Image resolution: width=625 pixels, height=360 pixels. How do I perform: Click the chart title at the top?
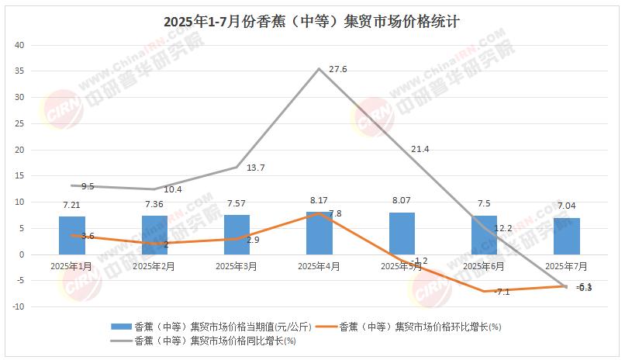tap(312, 21)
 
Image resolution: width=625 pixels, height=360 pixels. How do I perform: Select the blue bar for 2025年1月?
tap(71, 235)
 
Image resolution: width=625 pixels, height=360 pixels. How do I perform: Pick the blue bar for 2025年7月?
tap(566, 236)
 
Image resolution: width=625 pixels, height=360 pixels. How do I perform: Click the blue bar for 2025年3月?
tap(237, 234)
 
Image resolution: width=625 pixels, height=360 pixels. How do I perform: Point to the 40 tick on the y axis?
tap(21, 45)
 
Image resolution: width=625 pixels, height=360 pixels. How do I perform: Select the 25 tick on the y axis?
tap(21, 123)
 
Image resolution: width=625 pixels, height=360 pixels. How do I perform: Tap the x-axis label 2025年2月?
tap(154, 266)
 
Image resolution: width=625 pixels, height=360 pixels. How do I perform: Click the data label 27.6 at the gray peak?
tap(338, 70)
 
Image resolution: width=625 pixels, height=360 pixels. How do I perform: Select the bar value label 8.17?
tap(319, 200)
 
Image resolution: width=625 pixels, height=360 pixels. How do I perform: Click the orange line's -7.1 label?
tap(501, 292)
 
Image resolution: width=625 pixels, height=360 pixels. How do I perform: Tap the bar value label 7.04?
tap(566, 206)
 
